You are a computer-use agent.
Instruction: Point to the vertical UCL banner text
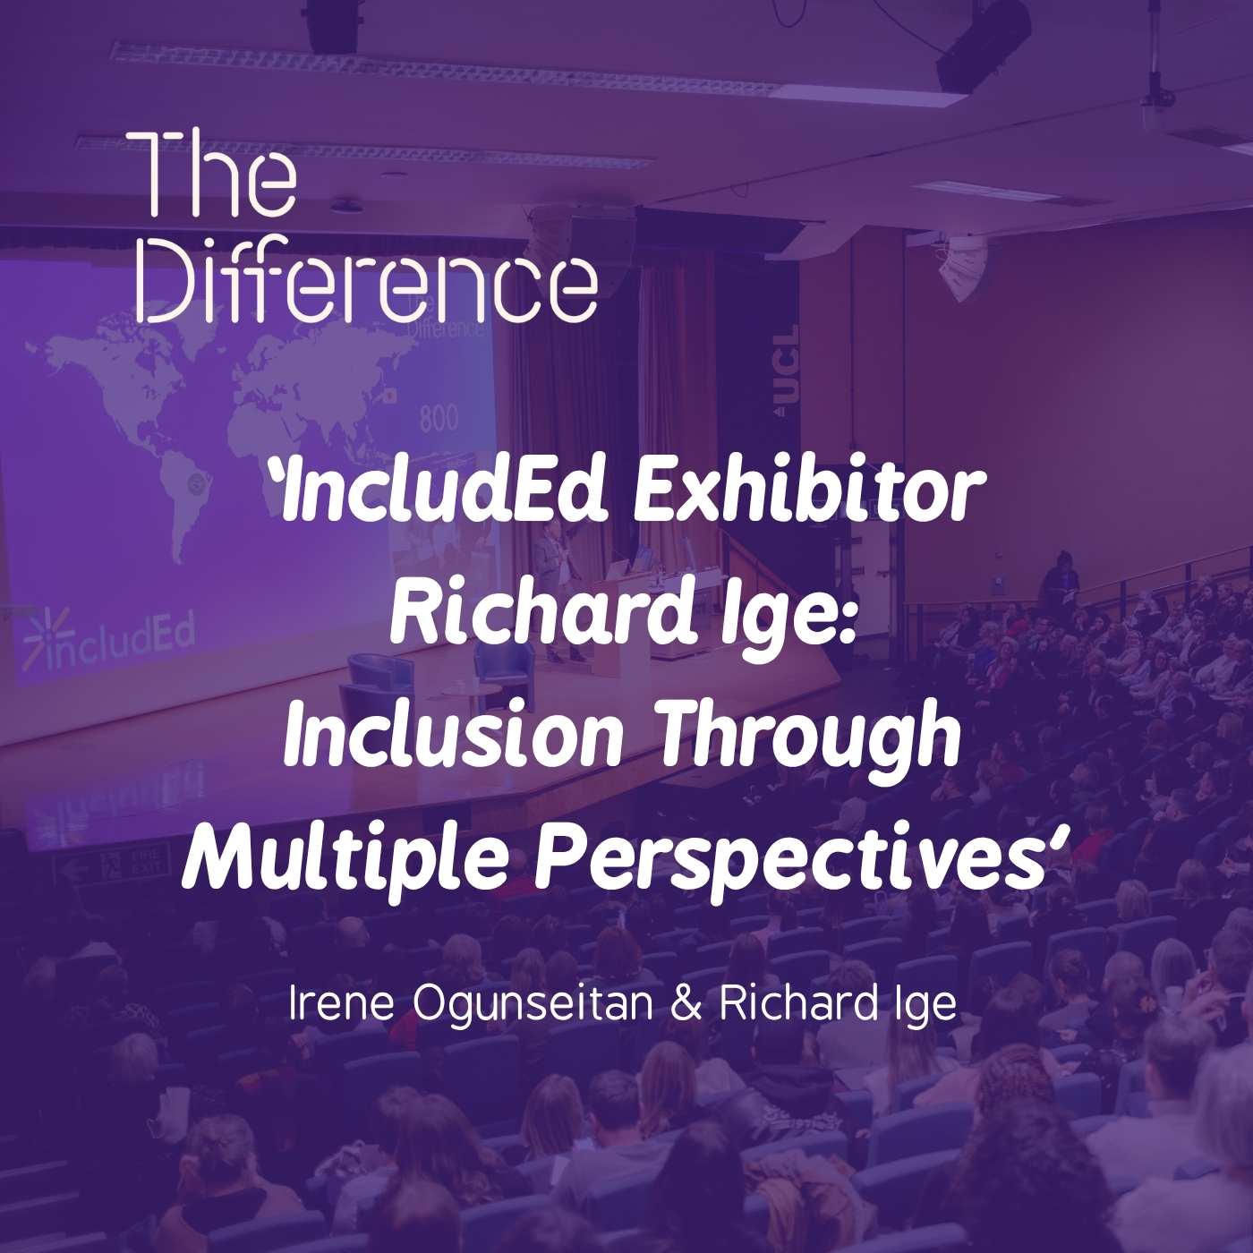(786, 370)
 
